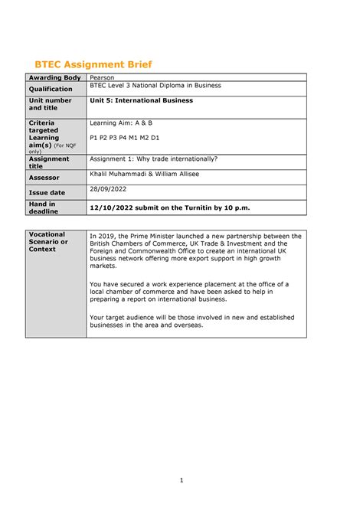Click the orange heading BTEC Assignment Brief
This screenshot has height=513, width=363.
[100, 64]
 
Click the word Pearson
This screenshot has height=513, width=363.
[103, 78]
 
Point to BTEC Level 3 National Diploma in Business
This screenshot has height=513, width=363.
[155, 86]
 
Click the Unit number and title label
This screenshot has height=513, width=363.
[51, 104]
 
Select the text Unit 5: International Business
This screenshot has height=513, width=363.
[142, 100]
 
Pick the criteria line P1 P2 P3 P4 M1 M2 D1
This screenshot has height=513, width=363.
[125, 138]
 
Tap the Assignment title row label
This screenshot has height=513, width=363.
[49, 162]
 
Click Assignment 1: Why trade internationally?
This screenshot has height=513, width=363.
[154, 159]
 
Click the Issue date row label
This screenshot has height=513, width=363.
[47, 193]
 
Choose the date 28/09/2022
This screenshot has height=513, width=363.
[107, 188]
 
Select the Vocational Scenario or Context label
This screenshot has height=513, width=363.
[48, 241]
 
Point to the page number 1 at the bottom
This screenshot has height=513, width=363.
[181, 480]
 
